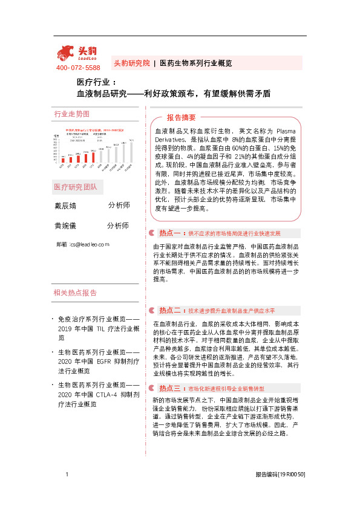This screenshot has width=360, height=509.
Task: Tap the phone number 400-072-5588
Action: pos(78,68)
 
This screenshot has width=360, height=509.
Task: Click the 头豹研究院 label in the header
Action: pos(131,63)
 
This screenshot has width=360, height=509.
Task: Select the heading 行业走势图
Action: pos(71,114)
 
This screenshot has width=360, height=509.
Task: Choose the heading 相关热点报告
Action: pos(75,293)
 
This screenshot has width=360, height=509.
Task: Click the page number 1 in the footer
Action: pos(67,491)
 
